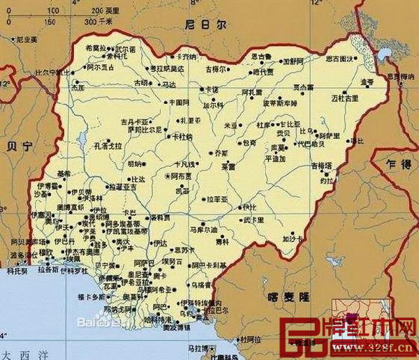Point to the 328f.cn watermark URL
[x=384, y=347]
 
